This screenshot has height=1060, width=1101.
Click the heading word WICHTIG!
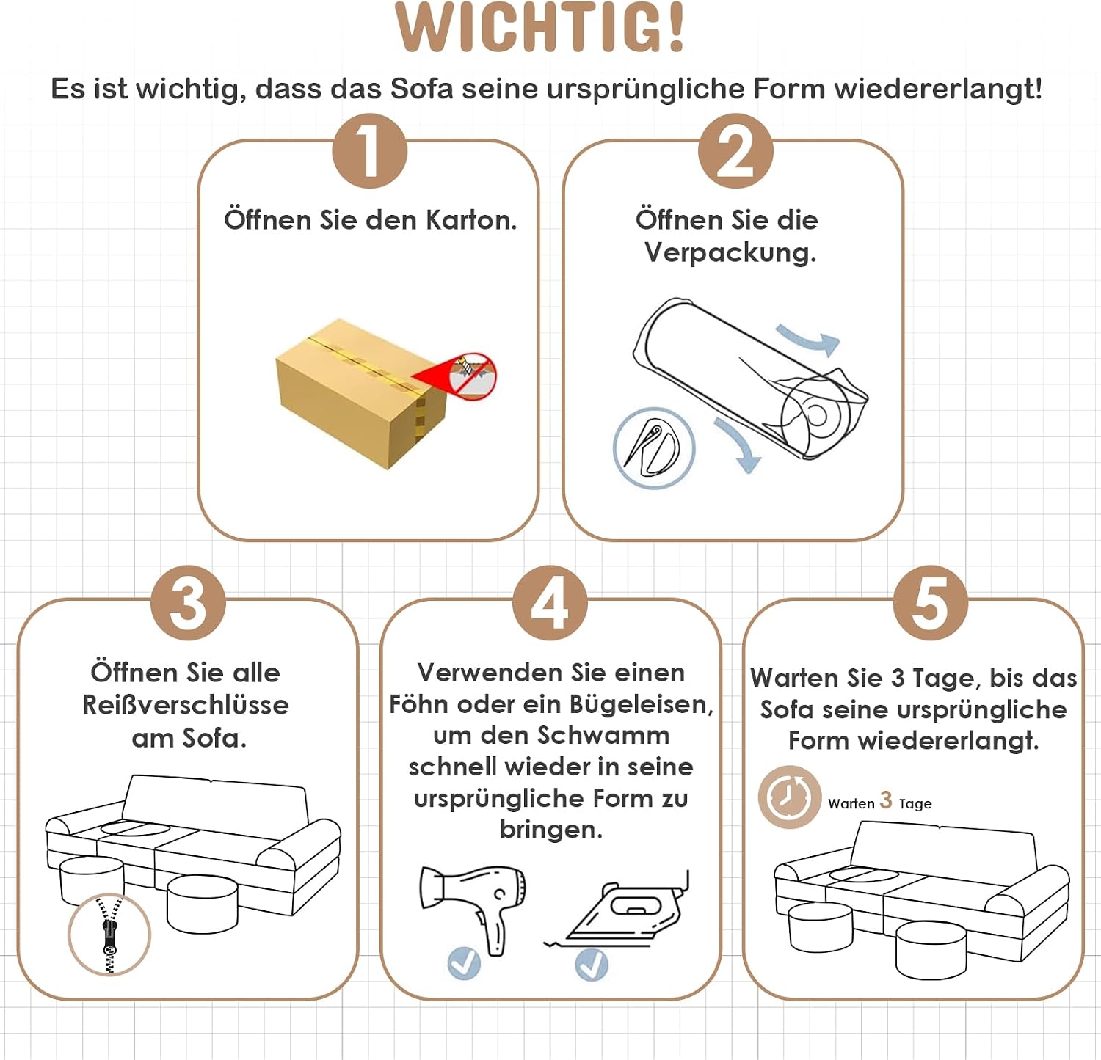point(539,28)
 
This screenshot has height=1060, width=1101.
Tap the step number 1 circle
point(369,151)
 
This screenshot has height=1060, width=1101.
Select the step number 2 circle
point(735,151)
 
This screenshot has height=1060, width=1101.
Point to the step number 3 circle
point(188,603)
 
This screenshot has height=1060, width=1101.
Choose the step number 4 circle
point(550,603)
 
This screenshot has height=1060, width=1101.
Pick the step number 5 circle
point(930,603)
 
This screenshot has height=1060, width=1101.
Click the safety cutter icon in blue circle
point(653,448)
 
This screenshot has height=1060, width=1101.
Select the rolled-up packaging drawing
point(751,379)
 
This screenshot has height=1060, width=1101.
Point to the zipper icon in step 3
point(109,935)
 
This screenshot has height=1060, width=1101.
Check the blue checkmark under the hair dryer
point(464,963)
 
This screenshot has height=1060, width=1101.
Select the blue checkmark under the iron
point(592,965)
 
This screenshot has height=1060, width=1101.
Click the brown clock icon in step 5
point(789,797)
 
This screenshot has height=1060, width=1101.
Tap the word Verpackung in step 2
point(730,253)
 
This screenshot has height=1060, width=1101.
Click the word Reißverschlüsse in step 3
point(186,705)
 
